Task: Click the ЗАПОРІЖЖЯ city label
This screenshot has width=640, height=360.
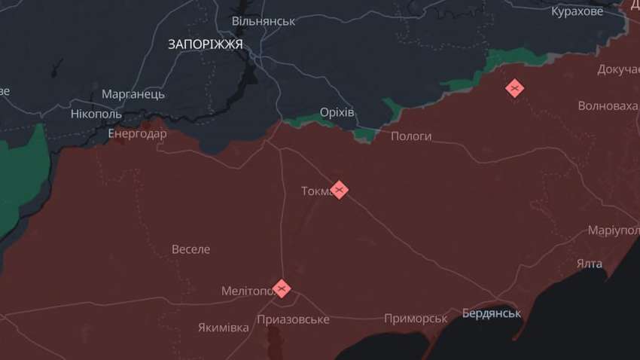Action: pyautogui.click(x=206, y=44)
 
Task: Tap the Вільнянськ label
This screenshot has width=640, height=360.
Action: pyautogui.click(x=264, y=21)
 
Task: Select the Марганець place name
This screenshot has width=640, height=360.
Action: pyautogui.click(x=133, y=94)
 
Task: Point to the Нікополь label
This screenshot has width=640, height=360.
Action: pyautogui.click(x=96, y=114)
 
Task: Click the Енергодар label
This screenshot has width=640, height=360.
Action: pyautogui.click(x=137, y=133)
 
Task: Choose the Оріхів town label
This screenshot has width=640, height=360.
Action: pyautogui.click(x=337, y=112)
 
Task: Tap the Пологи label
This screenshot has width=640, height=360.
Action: pyautogui.click(x=411, y=136)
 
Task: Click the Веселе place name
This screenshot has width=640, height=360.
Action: pyautogui.click(x=191, y=249)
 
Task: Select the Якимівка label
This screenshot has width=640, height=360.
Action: pyautogui.click(x=224, y=328)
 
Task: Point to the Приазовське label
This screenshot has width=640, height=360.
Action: pyautogui.click(x=293, y=319)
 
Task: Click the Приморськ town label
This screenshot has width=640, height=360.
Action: pyautogui.click(x=416, y=319)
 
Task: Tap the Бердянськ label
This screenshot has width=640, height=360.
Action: pyautogui.click(x=491, y=313)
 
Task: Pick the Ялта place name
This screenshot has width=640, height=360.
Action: pyautogui.click(x=590, y=264)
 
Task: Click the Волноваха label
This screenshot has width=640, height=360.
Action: pyautogui.click(x=608, y=105)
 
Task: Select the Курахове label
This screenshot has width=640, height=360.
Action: pyautogui.click(x=578, y=11)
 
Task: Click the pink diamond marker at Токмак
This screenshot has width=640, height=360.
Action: pyautogui.click(x=339, y=189)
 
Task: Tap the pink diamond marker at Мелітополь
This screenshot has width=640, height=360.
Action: pyautogui.click(x=282, y=288)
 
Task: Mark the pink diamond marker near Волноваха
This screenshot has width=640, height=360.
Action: pyautogui.click(x=514, y=89)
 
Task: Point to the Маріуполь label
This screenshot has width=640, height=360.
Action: pyautogui.click(x=613, y=230)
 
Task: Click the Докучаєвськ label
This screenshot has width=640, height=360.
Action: pyautogui.click(x=618, y=69)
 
